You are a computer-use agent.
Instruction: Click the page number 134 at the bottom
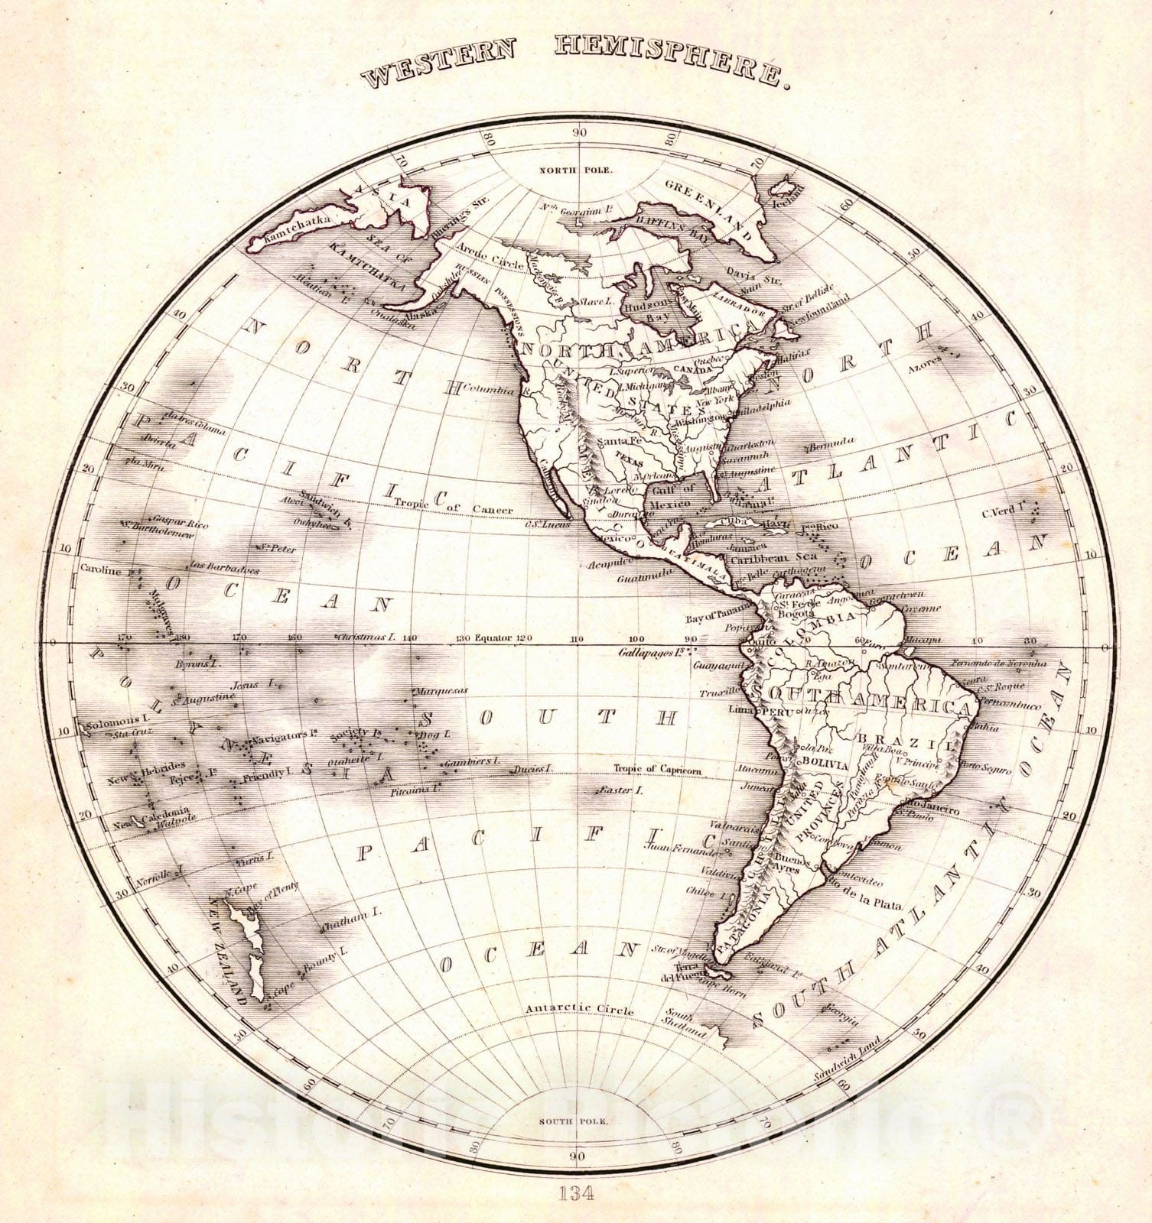pos(577,1192)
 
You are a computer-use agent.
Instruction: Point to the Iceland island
pos(785,187)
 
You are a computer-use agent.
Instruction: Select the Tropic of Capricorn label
pos(657,770)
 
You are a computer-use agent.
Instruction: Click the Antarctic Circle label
pos(579,1010)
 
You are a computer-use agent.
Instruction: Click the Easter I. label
pos(619,790)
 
